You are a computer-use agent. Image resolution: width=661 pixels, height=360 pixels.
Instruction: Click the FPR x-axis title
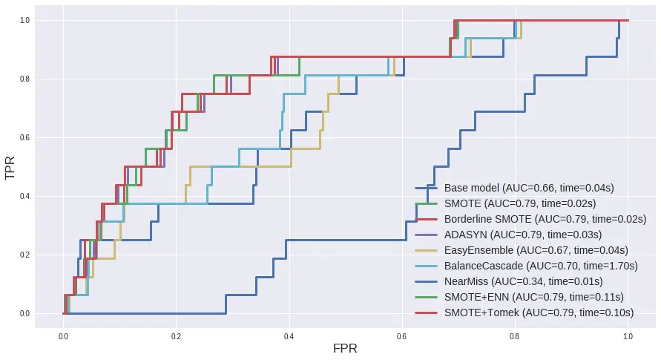point(346,348)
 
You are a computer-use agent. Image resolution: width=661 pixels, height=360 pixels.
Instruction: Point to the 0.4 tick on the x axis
point(289,336)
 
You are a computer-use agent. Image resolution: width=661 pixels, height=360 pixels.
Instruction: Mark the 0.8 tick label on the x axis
point(515,336)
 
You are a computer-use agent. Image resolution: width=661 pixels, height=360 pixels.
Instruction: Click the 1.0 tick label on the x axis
point(628,336)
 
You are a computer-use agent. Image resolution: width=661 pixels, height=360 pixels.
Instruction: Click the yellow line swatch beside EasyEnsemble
point(426,250)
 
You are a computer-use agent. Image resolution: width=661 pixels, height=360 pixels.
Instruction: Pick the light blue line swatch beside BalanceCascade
point(426,266)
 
